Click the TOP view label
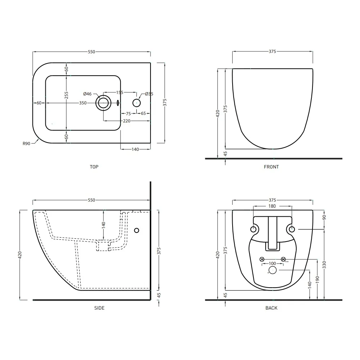pos(94,167)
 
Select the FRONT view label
pos(271,167)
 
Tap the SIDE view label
pos(99,308)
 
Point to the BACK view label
pos(271,308)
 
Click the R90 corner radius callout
pos(26,144)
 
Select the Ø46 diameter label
pos(87,94)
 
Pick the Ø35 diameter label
pos(149,94)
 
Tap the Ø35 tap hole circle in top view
pos(136,103)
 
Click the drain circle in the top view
pos(103,103)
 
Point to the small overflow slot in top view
pos(118,103)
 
